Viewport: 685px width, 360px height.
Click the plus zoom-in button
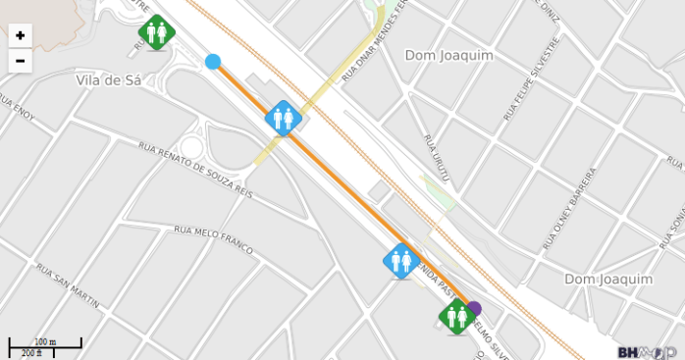coord(21,35)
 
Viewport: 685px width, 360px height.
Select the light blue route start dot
coord(213,62)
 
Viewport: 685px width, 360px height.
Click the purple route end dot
coord(475,307)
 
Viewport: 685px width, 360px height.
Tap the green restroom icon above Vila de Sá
coord(156,32)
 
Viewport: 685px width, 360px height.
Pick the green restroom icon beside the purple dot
coord(455,316)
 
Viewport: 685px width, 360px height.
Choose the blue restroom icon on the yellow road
coord(283,119)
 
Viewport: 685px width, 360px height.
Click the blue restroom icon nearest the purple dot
coord(400,261)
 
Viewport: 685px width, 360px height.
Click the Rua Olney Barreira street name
coord(569,207)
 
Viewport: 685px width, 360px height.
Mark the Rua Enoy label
coord(17,108)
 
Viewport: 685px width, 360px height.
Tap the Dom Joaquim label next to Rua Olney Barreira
coord(608,280)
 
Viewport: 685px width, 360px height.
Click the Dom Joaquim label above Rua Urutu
coord(448,56)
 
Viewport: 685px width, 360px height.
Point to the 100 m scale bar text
coord(45,341)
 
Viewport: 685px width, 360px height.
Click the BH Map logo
coord(647,351)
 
